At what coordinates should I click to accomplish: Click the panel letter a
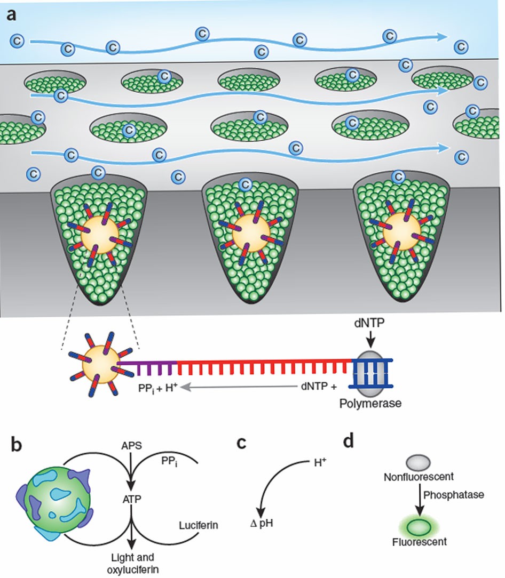(x=12, y=14)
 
